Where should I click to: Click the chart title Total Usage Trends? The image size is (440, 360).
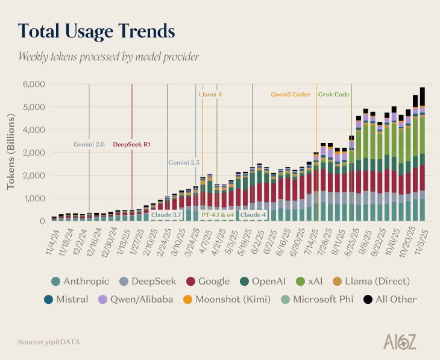(x=96, y=31)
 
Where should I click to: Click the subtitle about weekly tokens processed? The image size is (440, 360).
(x=108, y=57)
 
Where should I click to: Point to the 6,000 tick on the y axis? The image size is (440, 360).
(x=34, y=84)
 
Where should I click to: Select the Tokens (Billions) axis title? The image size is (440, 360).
(x=11, y=153)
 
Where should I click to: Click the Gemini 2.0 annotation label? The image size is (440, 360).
(x=89, y=145)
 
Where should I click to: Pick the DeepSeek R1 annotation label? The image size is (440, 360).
(x=132, y=145)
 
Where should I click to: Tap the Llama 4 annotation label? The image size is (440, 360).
(x=210, y=94)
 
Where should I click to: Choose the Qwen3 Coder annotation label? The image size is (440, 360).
(x=290, y=94)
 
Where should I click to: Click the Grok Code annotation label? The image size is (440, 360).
(x=333, y=94)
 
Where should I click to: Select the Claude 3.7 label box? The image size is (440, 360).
(x=166, y=215)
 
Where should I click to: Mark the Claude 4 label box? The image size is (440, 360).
(x=253, y=215)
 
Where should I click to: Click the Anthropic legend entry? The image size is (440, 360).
(x=78, y=281)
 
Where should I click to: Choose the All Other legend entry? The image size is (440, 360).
(x=389, y=299)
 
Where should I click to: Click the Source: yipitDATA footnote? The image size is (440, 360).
(x=48, y=342)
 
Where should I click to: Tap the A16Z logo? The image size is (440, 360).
(x=400, y=341)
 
